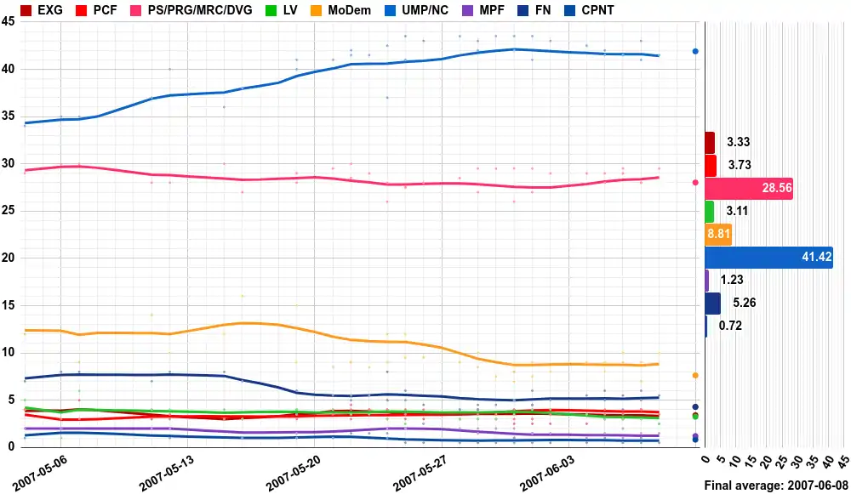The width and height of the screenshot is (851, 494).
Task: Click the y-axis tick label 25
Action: click(8, 211)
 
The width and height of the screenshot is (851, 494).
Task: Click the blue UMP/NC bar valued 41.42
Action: click(768, 258)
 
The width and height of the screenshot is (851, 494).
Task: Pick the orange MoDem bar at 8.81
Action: click(718, 235)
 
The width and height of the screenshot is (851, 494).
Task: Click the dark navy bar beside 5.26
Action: click(712, 304)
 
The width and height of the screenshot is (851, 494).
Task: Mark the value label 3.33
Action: click(738, 143)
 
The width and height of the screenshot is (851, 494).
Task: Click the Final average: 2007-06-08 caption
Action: click(775, 485)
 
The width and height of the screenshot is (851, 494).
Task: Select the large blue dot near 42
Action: click(695, 51)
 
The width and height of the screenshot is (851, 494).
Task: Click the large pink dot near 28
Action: click(695, 183)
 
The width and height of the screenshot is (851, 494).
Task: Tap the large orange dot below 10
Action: click(695, 375)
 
